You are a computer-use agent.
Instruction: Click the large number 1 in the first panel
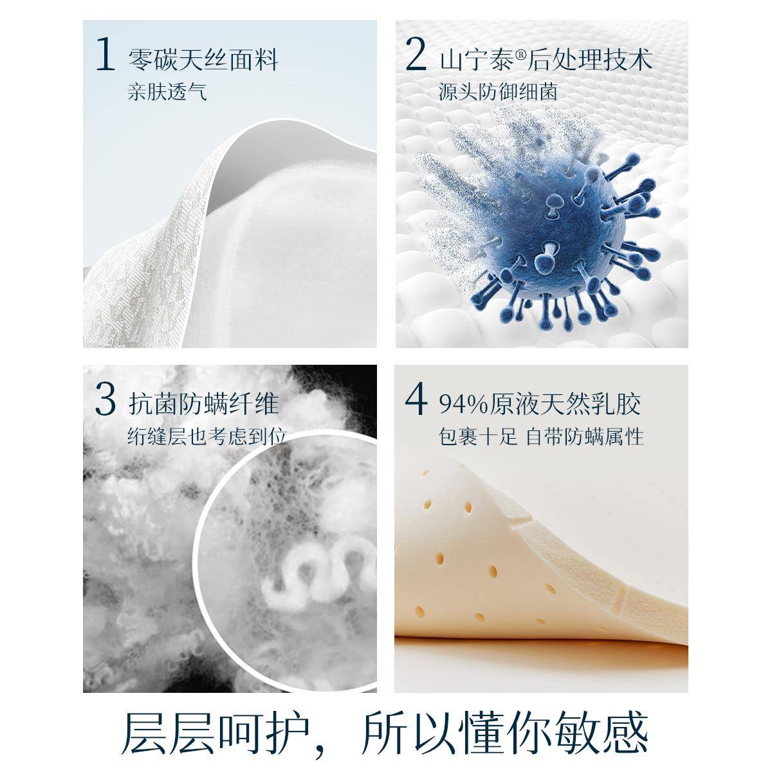pyautogui.click(x=105, y=55)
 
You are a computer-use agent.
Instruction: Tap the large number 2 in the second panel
pyautogui.click(x=416, y=55)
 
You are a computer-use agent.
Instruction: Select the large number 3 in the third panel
pyautogui.click(x=105, y=400)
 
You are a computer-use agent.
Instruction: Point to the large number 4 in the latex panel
pyautogui.click(x=416, y=400)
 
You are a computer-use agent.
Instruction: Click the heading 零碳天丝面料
pyautogui.click(x=203, y=60)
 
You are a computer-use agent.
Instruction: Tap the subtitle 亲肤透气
pyautogui.click(x=167, y=92)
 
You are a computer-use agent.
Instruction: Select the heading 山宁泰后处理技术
pyautogui.click(x=546, y=60)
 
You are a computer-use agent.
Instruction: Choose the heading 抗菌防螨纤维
pyautogui.click(x=203, y=405)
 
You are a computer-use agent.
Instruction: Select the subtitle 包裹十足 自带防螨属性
pyautogui.click(x=541, y=437)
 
